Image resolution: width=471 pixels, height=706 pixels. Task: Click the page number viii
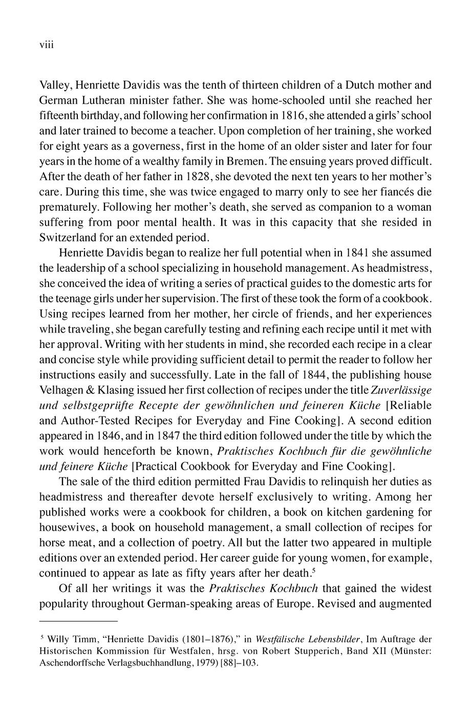pyautogui.click(x=47, y=46)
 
